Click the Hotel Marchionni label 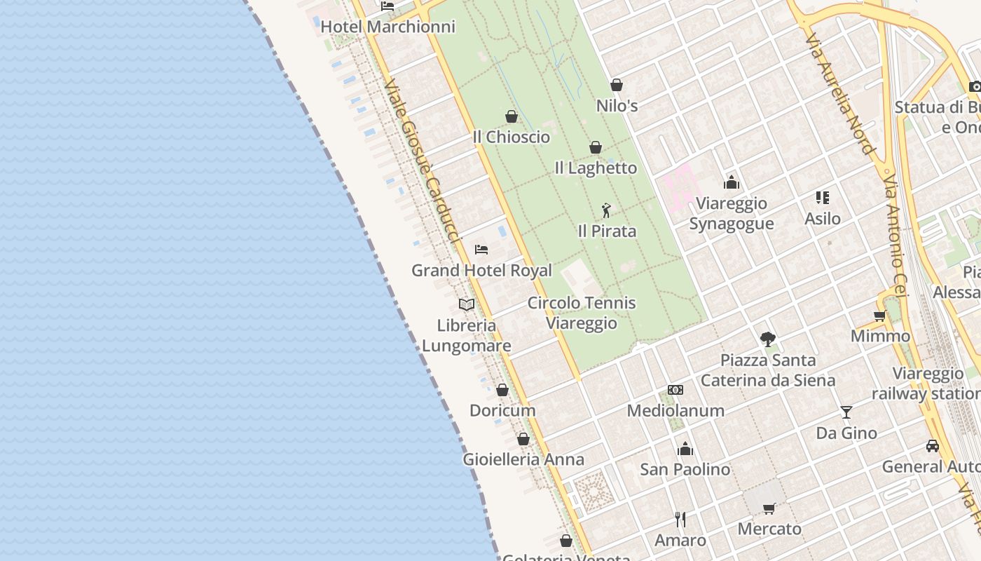click(x=387, y=27)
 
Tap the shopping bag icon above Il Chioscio click(x=512, y=116)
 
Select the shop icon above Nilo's click(x=617, y=85)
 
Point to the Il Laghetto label click(x=596, y=168)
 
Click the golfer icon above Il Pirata click(x=606, y=210)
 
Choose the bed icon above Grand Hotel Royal click(x=481, y=249)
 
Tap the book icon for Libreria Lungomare click(x=467, y=304)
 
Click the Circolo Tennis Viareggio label click(x=582, y=313)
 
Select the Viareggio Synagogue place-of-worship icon click(x=732, y=182)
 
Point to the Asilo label click(x=823, y=219)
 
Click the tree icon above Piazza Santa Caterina click(x=768, y=339)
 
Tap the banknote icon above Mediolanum click(x=675, y=390)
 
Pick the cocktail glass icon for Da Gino click(x=846, y=412)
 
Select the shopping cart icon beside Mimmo click(x=880, y=316)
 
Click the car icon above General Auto click(x=933, y=446)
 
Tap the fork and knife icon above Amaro click(x=680, y=520)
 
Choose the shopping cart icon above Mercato click(x=769, y=508)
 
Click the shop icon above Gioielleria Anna click(x=523, y=439)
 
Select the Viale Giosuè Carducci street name click(x=421, y=161)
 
